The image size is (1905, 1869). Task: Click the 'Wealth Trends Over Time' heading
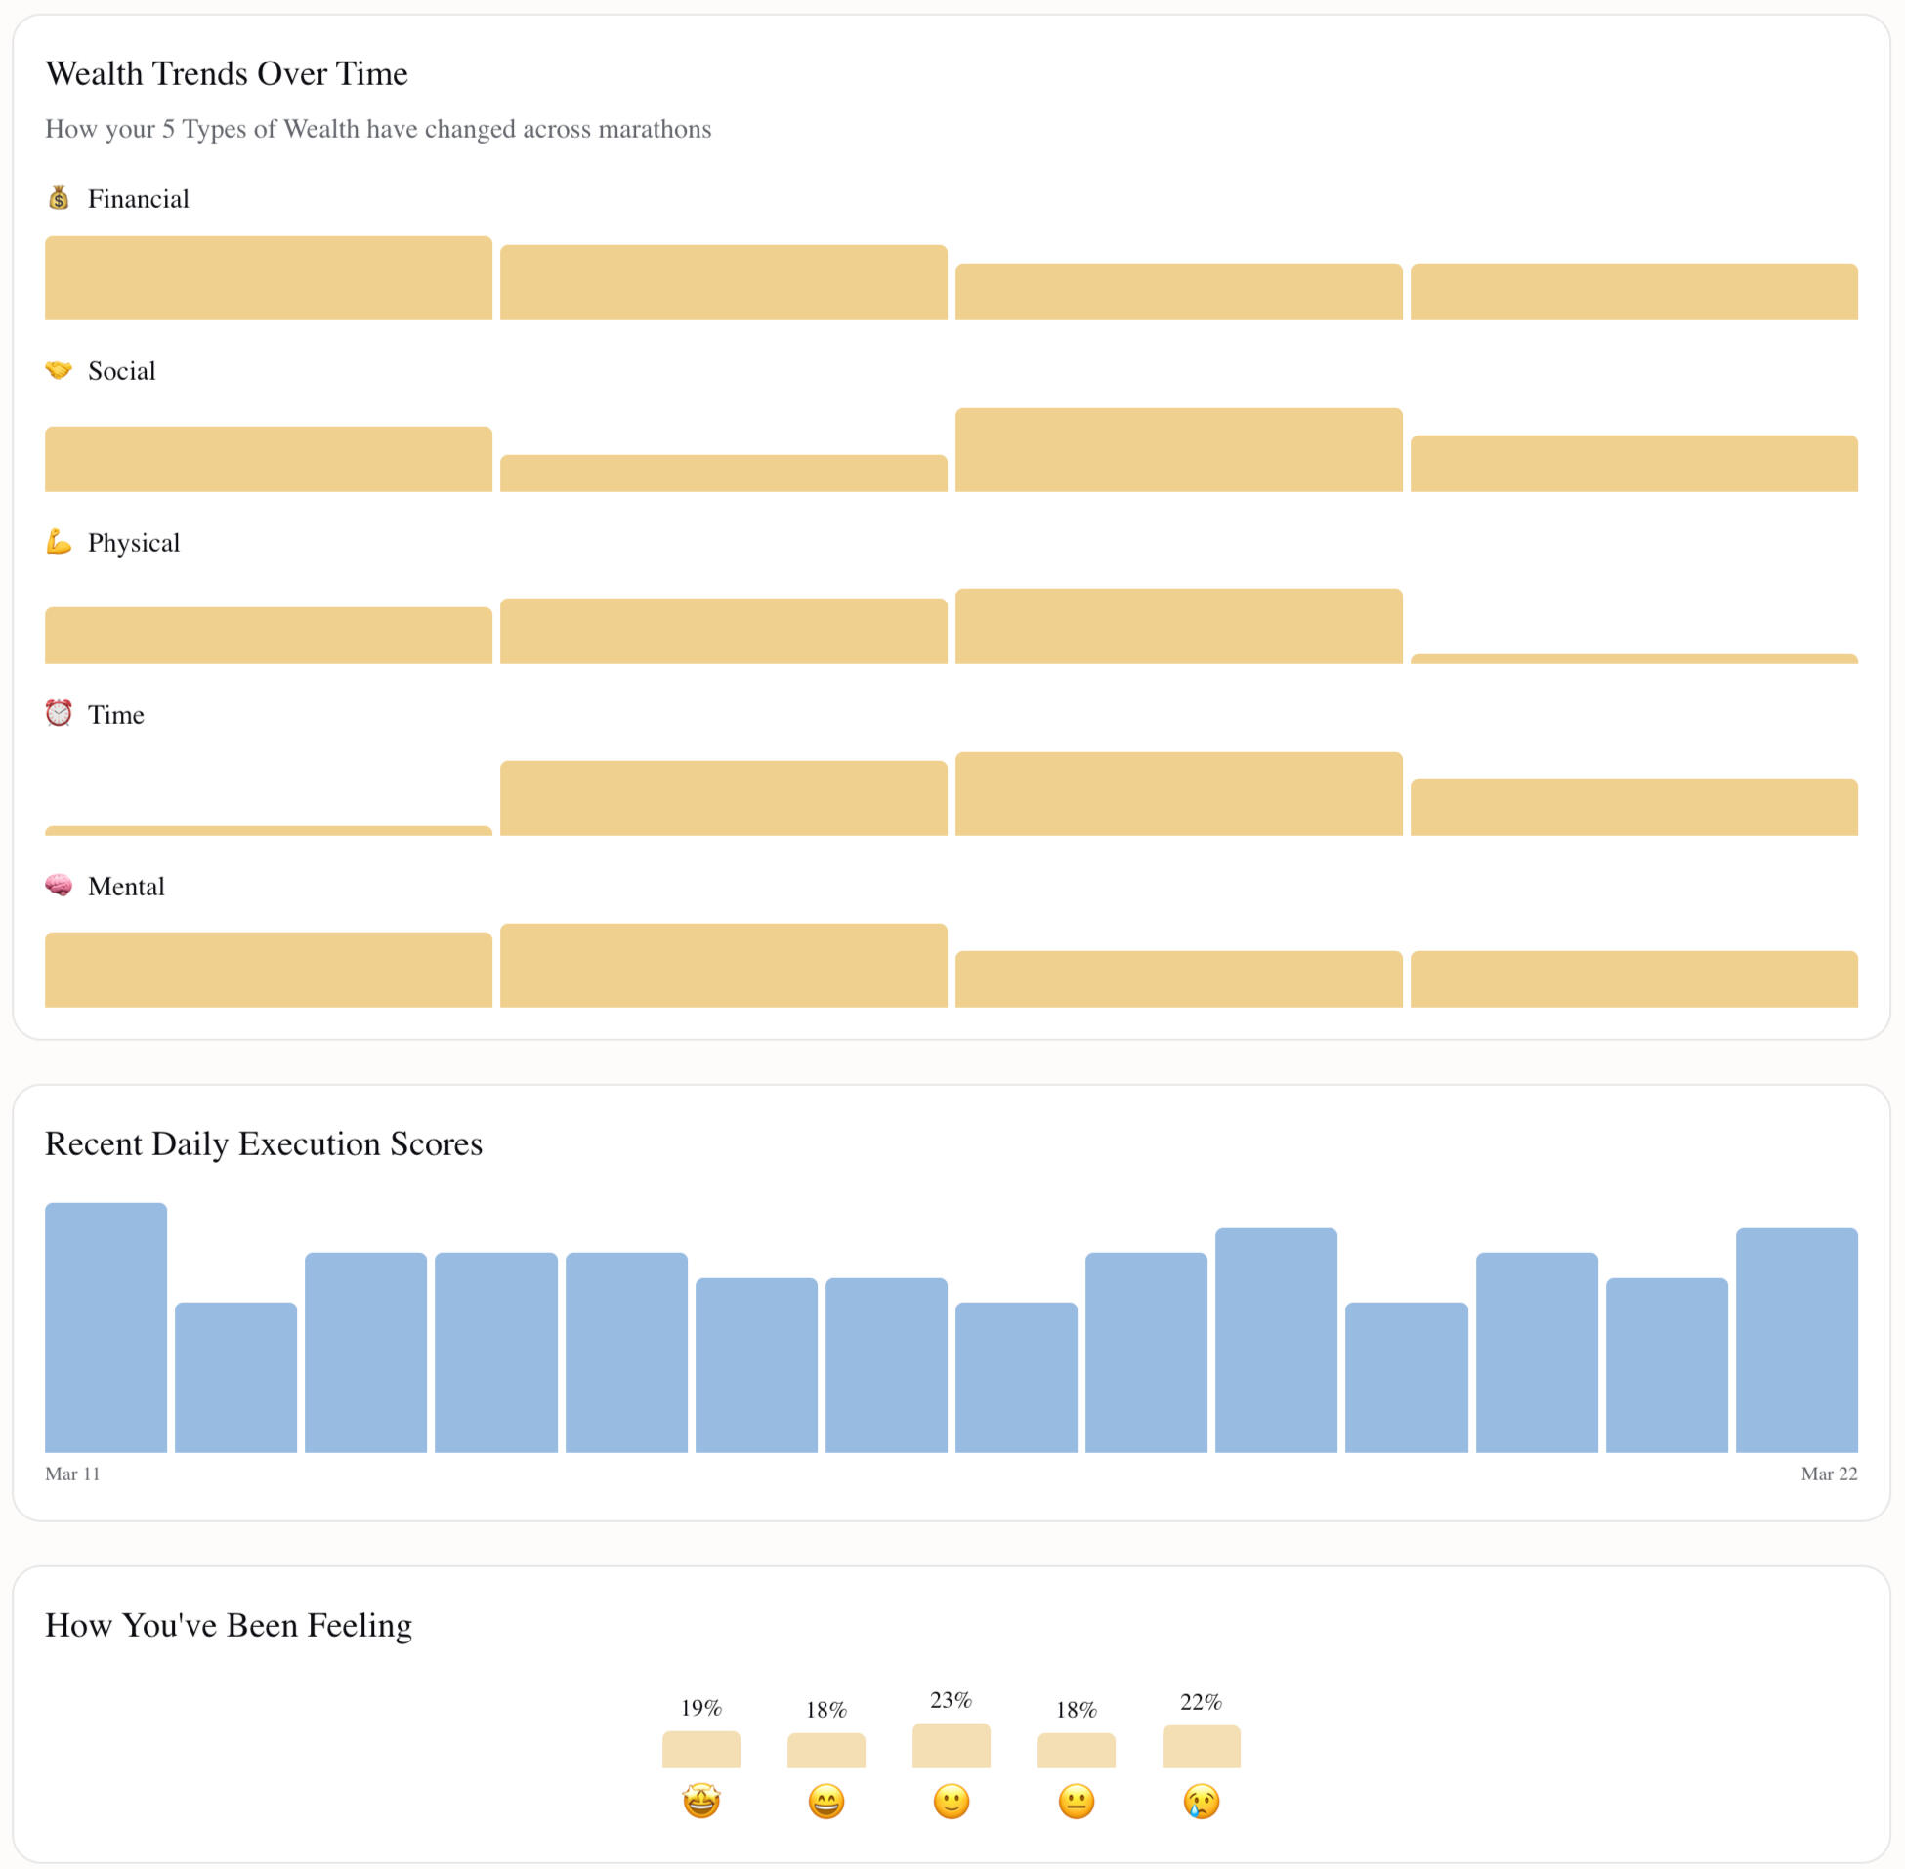pos(227,73)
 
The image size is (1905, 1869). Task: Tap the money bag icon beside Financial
pos(59,198)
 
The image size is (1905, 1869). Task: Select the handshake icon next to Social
pos(59,370)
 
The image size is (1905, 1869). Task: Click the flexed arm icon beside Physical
pos(59,542)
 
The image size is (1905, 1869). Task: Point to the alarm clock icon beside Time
pos(59,714)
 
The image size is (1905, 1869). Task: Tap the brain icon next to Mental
pos(59,886)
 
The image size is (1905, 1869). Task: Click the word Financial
pos(139,199)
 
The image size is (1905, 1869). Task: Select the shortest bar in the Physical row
pos(1634,659)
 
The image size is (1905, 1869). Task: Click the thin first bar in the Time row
pos(268,831)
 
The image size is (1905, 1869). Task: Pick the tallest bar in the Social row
pos(1178,449)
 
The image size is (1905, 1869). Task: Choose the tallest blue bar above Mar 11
pos(106,1327)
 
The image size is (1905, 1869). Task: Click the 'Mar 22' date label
pos(1829,1474)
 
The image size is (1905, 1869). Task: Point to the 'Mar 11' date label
pos(72,1474)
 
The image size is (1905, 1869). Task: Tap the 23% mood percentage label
pos(951,1700)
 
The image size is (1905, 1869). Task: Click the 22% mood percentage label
pos(1201,1702)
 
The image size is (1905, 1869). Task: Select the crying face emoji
pos(1201,1802)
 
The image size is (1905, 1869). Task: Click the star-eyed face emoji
pos(701,1802)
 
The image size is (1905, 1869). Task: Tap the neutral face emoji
pos(1077,1802)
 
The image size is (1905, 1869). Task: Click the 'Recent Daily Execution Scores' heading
pos(264,1143)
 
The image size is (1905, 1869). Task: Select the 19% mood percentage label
pos(701,1708)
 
